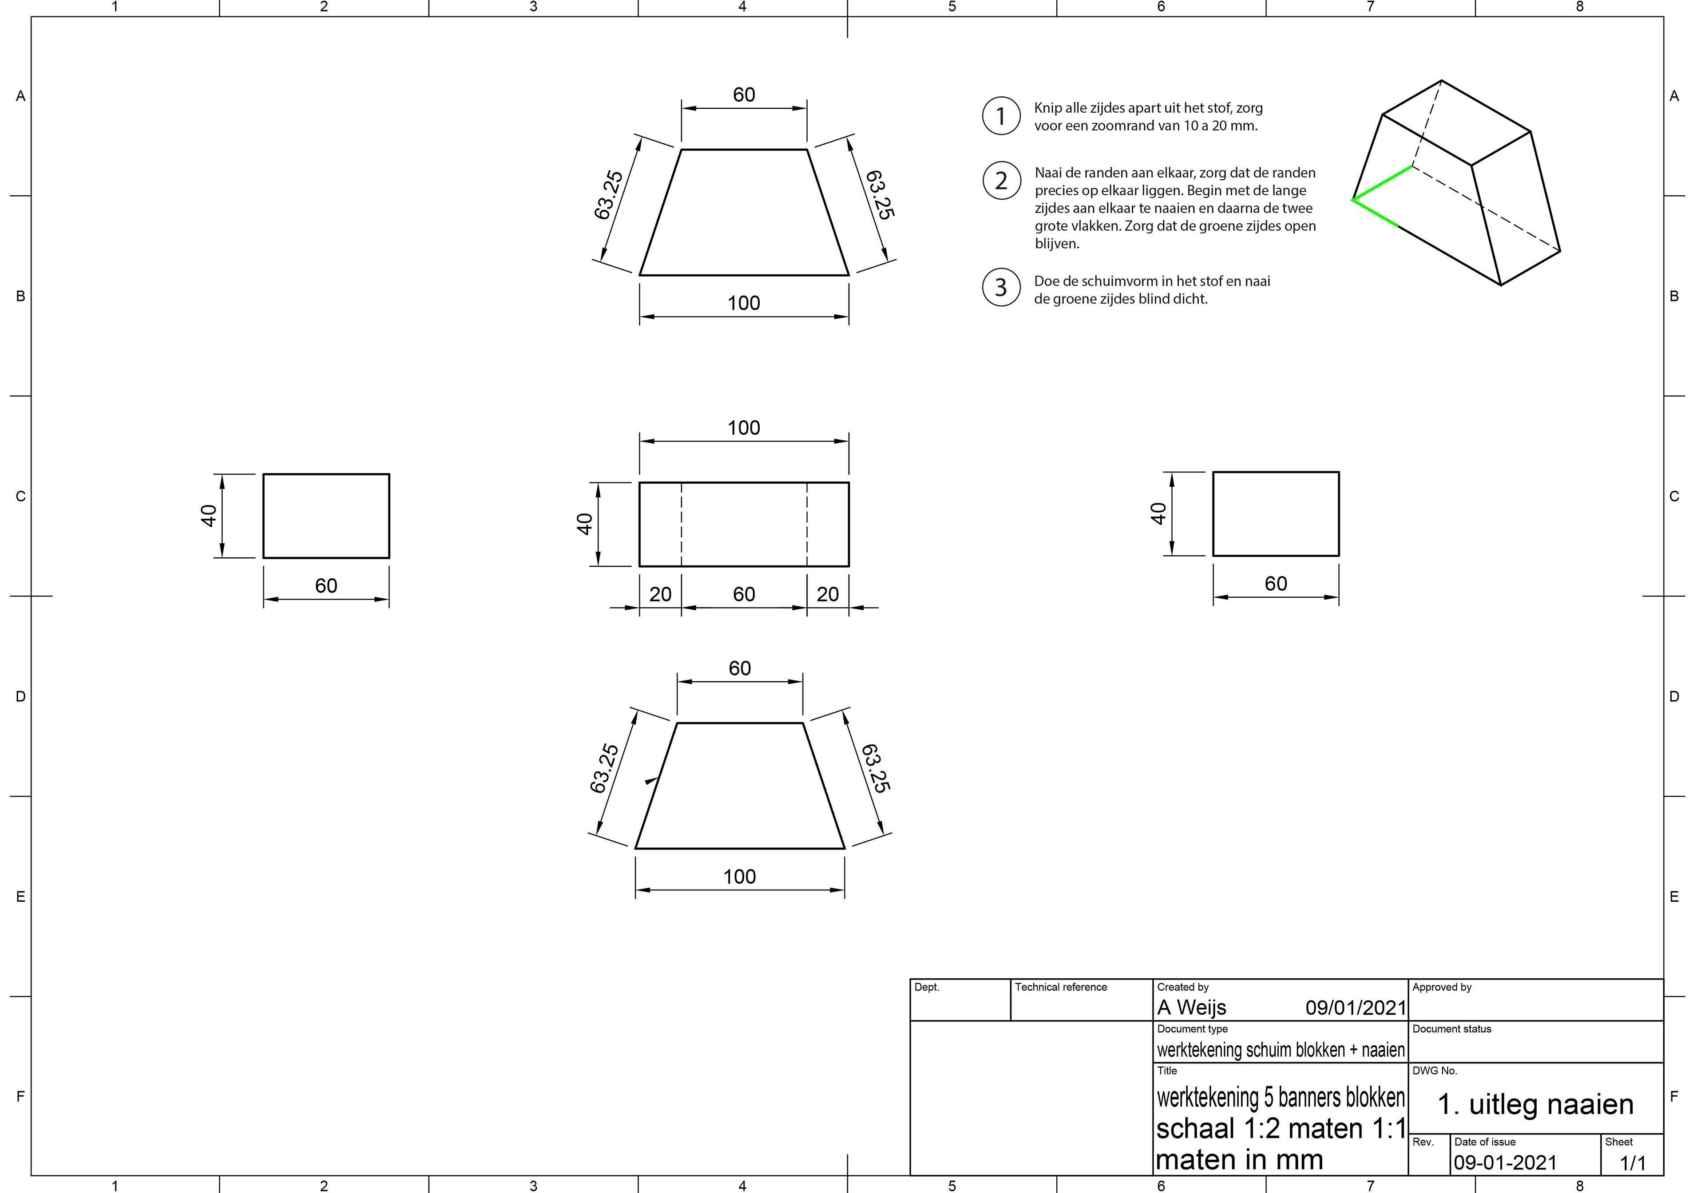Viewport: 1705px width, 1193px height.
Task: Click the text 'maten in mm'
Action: click(x=1239, y=1160)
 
